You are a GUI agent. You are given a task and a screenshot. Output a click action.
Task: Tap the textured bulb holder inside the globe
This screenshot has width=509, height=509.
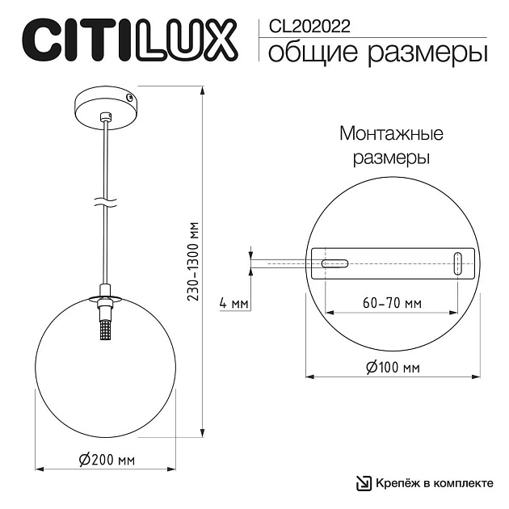point(104,330)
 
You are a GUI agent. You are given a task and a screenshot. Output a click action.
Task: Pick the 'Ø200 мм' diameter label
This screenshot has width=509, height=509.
point(107,461)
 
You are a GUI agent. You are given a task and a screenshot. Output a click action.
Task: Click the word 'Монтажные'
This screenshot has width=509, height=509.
point(391,133)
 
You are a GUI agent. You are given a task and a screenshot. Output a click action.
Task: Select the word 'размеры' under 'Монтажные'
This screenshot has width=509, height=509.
point(391,157)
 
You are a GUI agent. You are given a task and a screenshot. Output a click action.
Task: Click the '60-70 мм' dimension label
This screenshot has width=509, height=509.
point(392,304)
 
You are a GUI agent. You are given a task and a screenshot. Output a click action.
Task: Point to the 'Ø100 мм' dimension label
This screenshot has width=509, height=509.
point(392,368)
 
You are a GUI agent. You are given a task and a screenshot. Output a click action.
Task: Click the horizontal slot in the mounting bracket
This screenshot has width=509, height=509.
point(334,263)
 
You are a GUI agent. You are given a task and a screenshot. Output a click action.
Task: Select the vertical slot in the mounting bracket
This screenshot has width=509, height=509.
point(458,263)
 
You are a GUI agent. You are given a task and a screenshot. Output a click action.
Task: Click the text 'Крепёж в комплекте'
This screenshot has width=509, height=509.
point(434,483)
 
